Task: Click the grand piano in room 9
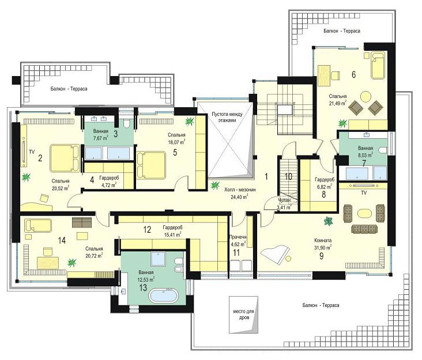click(274, 255)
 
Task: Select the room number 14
click(62, 240)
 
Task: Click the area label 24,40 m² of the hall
click(239, 197)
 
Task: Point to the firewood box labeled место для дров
click(243, 314)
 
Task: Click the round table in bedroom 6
click(366, 97)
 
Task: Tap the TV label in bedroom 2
click(32, 152)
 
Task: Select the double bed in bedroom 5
click(151, 165)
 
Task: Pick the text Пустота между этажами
click(227, 118)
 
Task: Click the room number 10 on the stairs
click(288, 177)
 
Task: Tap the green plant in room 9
click(328, 221)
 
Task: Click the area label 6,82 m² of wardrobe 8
click(323, 186)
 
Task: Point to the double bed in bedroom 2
click(65, 158)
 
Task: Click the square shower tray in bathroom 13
click(158, 259)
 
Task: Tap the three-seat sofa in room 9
click(364, 229)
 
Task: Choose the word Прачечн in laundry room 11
click(238, 237)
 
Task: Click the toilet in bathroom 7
click(383, 150)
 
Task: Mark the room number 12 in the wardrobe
click(147, 230)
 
